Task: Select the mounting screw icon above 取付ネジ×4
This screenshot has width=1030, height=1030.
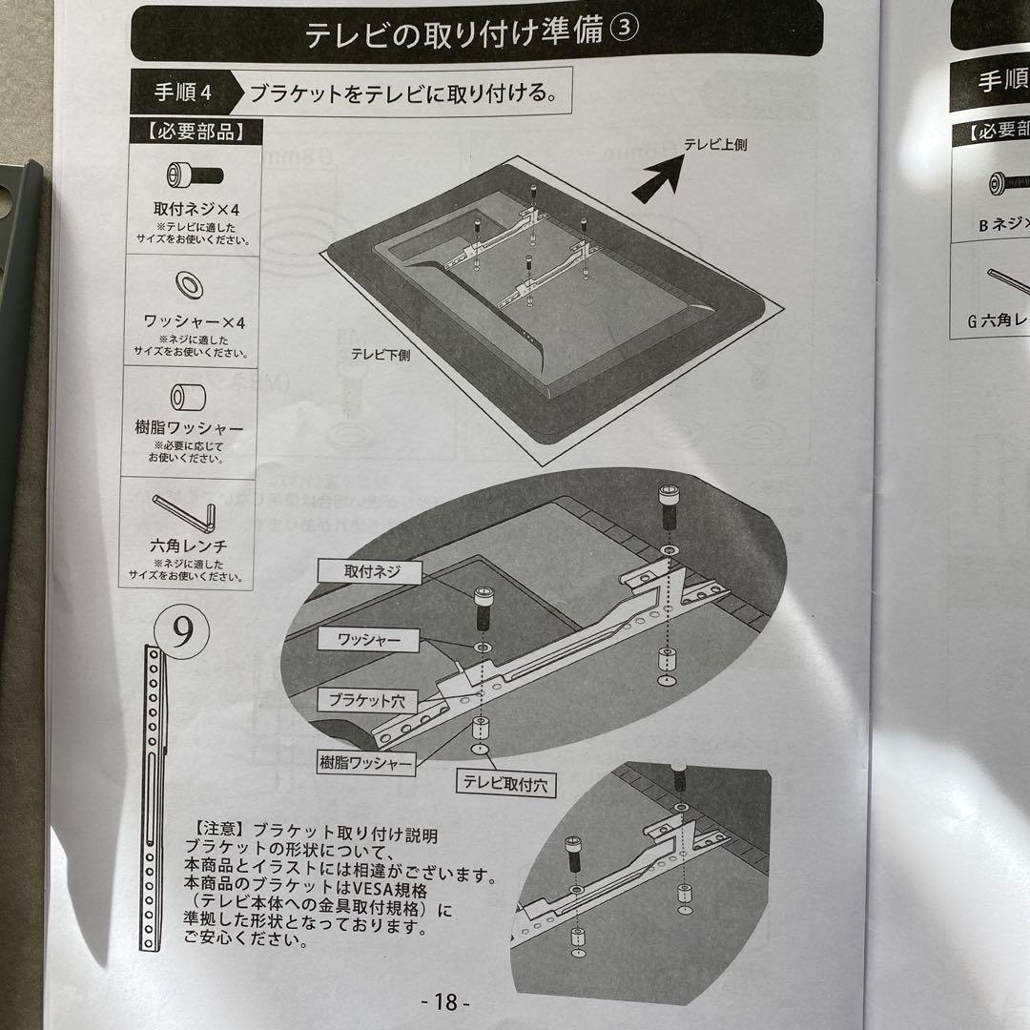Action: point(194,175)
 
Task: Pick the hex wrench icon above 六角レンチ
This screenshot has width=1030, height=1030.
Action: point(189,516)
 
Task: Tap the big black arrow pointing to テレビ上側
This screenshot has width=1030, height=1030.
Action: point(661,178)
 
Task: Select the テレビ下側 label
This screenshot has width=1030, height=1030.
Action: point(380,353)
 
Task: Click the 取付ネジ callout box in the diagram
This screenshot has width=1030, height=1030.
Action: point(372,572)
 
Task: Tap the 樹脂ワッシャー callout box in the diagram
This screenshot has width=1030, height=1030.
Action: point(366,763)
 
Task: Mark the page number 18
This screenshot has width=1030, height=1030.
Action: point(446,1001)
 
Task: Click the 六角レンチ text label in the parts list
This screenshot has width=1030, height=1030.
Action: point(188,546)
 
